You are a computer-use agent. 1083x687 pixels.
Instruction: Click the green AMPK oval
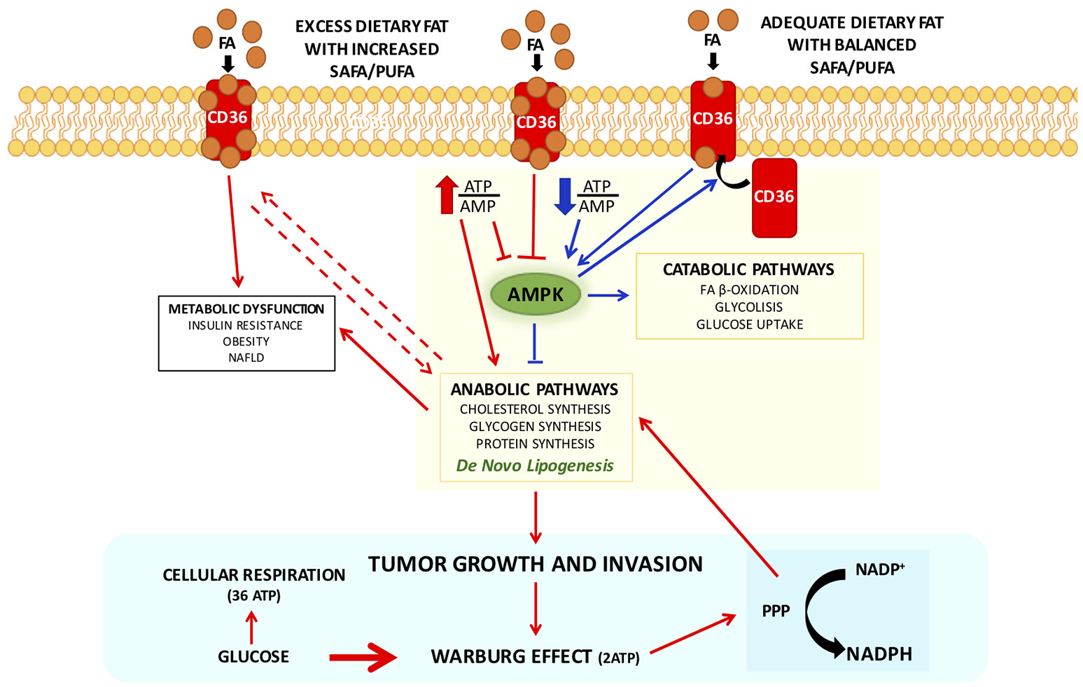point(536,295)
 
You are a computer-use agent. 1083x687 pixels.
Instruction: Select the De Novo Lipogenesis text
point(535,465)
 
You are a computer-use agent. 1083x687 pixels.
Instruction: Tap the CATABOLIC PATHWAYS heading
point(748,269)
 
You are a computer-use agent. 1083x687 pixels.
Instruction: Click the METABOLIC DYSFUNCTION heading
point(246,309)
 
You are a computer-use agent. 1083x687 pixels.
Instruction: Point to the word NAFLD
point(246,357)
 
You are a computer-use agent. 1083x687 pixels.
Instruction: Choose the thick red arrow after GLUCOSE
point(363,657)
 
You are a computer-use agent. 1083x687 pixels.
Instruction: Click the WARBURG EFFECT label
point(512,657)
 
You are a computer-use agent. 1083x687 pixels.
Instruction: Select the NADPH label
point(879,654)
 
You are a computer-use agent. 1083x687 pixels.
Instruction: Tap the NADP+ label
point(880,569)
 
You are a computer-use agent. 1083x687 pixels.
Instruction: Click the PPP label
point(776,611)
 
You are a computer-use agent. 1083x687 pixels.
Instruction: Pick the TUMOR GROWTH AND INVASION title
point(536,564)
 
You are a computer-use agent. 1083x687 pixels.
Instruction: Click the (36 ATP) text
point(253,595)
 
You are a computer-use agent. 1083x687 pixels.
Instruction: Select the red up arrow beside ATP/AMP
point(447,195)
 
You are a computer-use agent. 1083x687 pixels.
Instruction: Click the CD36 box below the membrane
point(774,197)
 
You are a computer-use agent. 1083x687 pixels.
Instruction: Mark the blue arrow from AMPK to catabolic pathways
point(608,296)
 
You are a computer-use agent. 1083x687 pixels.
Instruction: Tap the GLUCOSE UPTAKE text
point(749,324)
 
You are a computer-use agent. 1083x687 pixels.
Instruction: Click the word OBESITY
point(246,341)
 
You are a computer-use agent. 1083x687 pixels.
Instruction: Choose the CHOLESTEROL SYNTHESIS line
point(535,409)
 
